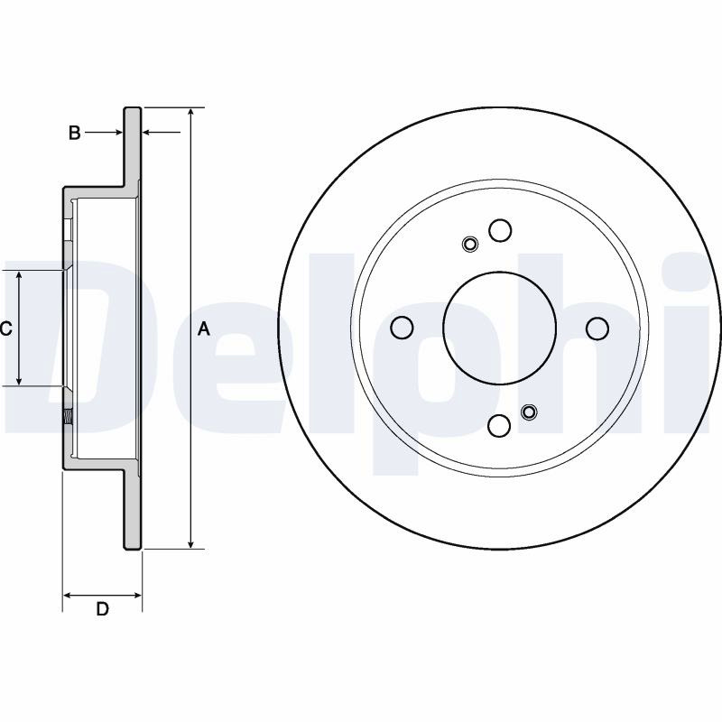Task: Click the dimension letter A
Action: [x=204, y=329]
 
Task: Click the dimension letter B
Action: [x=75, y=133]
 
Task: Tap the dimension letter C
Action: [x=5, y=329]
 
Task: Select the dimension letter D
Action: [x=102, y=608]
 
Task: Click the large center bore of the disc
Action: [x=500, y=328]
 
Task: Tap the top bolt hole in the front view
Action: [x=500, y=230]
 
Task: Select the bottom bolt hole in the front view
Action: [x=499, y=425]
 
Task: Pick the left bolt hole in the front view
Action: [x=402, y=328]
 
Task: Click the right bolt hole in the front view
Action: [x=597, y=329]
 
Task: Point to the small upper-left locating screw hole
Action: [x=469, y=244]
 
